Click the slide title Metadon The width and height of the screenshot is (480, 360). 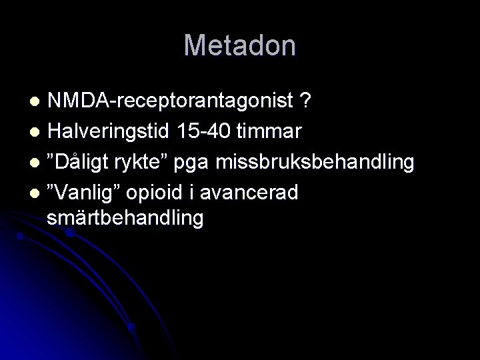click(240, 45)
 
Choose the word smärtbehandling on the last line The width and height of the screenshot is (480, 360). click(125, 217)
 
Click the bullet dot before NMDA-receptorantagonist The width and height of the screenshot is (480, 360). click(37, 102)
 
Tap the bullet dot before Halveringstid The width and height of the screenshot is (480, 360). click(37, 132)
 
